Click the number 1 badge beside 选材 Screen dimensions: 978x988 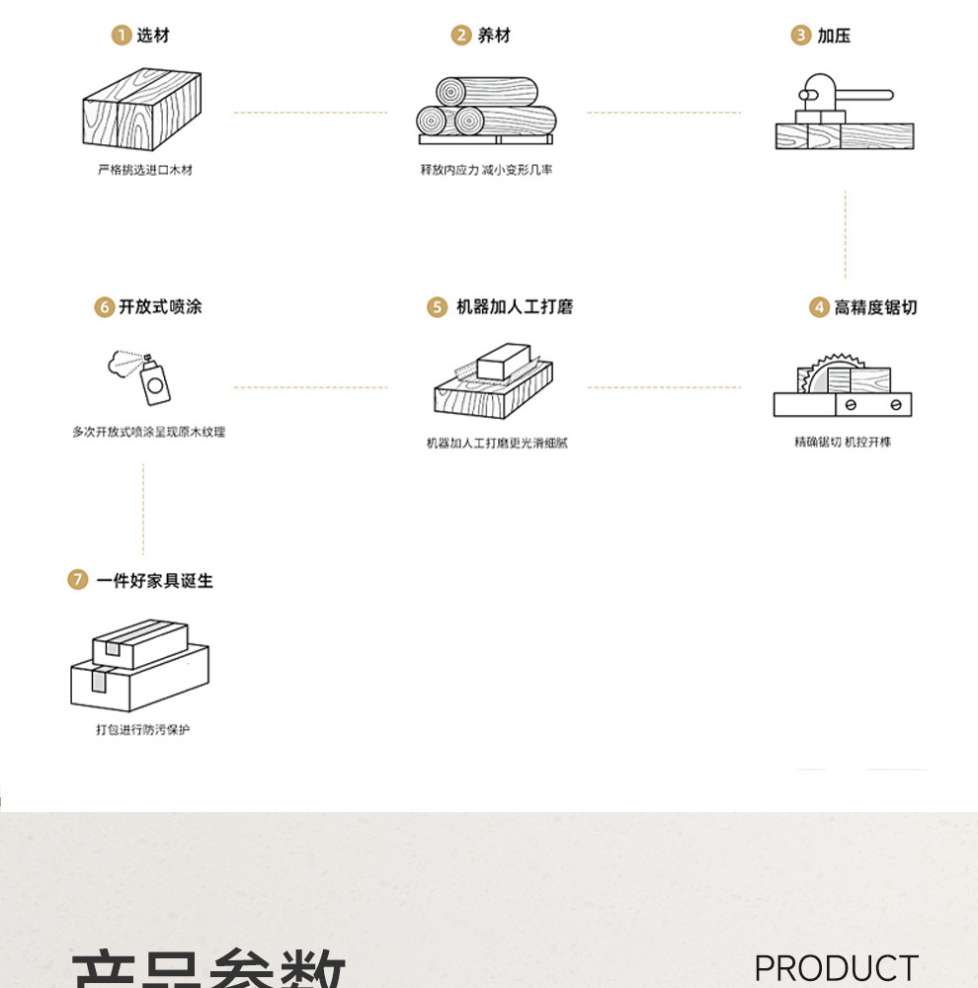tap(121, 36)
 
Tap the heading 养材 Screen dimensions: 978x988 tap(494, 36)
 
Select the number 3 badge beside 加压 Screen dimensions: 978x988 tap(801, 36)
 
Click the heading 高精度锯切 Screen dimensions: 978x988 tap(875, 307)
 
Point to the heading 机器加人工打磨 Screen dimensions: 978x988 tap(514, 307)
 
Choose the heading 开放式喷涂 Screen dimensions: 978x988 tap(160, 307)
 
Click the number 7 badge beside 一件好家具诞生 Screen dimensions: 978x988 tap(78, 580)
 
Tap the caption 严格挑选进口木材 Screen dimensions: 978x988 tap(145, 170)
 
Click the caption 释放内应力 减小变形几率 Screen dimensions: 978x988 tap(487, 170)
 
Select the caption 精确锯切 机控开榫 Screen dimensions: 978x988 tap(843, 442)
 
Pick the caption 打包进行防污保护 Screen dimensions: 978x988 tap(142, 729)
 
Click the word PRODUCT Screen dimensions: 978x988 tap(836, 969)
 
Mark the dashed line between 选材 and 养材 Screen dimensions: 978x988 tap(310, 113)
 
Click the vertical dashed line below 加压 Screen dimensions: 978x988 tap(846, 235)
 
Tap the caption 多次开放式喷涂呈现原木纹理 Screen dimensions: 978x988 tap(148, 432)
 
